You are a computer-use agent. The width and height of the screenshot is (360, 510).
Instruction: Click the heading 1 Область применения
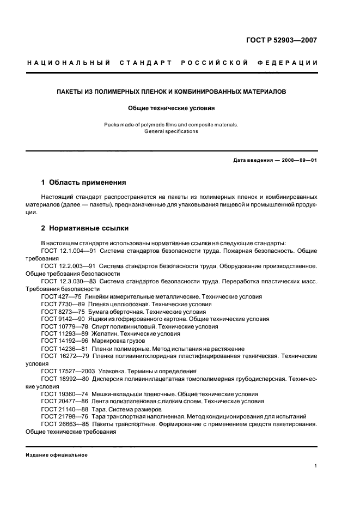[x=84, y=183]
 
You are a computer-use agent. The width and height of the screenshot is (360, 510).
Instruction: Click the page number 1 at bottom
[x=316, y=465]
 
